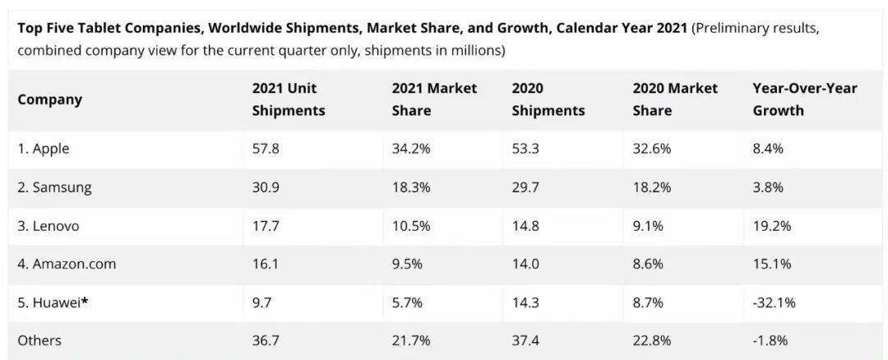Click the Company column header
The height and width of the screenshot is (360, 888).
(x=50, y=99)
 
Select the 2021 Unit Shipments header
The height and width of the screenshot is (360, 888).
(x=289, y=99)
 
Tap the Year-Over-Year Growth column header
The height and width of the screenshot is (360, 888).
(x=805, y=99)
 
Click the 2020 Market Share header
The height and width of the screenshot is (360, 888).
(x=675, y=99)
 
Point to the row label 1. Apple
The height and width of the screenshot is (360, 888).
(x=44, y=149)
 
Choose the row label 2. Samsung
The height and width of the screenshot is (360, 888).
(x=54, y=188)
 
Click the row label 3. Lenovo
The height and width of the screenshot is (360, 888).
(x=49, y=226)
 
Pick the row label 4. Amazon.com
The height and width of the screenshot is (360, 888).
(x=67, y=264)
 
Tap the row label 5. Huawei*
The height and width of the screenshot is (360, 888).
(x=53, y=302)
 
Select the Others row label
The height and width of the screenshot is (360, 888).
(x=39, y=341)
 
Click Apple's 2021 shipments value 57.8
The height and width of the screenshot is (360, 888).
(x=266, y=149)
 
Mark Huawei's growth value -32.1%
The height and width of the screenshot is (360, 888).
(x=775, y=302)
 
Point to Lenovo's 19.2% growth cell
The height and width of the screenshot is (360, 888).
(x=772, y=226)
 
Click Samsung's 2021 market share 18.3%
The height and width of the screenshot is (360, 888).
(x=411, y=187)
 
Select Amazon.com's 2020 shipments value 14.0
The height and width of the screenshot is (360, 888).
(x=525, y=264)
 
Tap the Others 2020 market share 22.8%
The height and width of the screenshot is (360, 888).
(x=652, y=341)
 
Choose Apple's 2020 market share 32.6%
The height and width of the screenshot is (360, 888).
(x=652, y=149)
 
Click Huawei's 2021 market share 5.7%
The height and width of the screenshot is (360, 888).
(x=407, y=302)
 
